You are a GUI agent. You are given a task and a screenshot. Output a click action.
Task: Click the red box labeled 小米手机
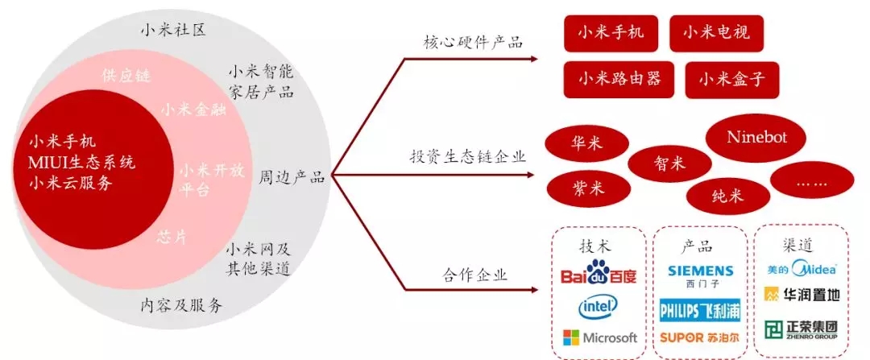610,33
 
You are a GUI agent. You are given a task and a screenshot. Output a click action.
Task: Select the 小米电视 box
716,33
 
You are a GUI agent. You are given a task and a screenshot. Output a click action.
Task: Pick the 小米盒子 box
731,80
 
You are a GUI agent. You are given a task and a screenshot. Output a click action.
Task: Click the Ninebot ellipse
756,137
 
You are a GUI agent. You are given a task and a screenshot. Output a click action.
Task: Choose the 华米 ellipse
586,144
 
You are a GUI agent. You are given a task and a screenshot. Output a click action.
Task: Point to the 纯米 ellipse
729,195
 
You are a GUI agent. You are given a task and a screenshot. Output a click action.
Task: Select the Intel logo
598,306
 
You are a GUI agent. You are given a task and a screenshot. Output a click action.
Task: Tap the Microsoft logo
599,337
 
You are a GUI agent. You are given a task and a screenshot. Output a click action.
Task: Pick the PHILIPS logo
700,310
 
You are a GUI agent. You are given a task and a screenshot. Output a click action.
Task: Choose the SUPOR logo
700,337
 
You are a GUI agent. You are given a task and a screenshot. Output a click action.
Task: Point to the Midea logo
802,268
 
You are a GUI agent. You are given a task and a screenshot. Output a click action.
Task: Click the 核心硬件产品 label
474,41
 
